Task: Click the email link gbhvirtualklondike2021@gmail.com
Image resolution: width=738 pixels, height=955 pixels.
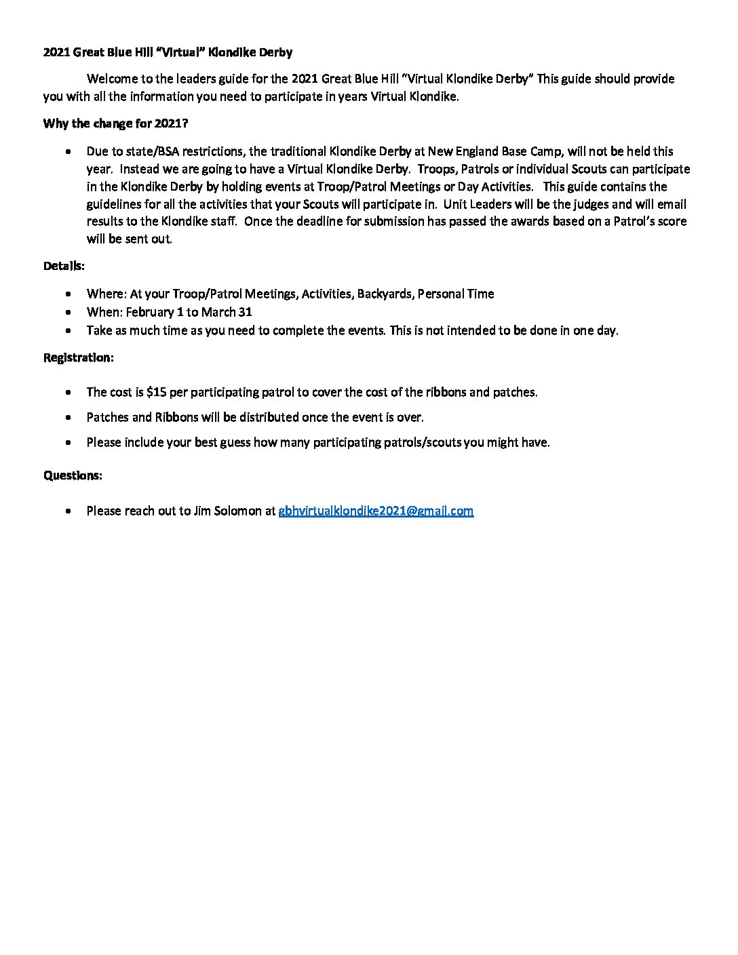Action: coord(376,511)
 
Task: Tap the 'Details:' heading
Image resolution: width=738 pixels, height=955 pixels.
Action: coord(64,266)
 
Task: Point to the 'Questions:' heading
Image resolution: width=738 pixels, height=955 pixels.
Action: coord(73,475)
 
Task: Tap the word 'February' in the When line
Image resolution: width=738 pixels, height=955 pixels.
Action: coord(150,312)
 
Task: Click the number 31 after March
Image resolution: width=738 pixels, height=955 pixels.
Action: coord(246,312)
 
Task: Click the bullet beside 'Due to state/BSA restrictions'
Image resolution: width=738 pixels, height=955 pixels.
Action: coord(69,151)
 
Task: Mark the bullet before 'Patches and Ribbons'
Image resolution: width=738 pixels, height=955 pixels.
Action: coord(69,417)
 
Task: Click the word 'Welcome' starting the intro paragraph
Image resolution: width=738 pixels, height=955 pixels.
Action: coord(112,79)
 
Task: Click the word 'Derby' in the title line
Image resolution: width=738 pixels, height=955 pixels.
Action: coord(274,52)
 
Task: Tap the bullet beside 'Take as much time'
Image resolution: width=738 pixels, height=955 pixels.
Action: coord(69,330)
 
